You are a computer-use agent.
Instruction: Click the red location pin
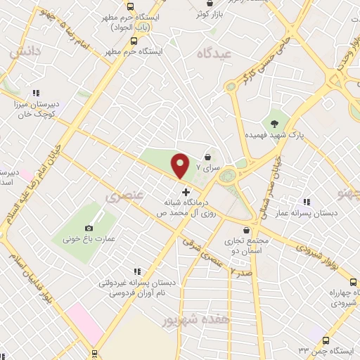(181, 165)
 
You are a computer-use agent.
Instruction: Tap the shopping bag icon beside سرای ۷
(207, 157)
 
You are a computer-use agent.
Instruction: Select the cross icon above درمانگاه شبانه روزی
(186, 192)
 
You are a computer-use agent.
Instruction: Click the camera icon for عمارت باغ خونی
(89, 228)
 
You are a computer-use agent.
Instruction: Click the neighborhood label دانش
(22, 53)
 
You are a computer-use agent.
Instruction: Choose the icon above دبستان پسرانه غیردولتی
(137, 271)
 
